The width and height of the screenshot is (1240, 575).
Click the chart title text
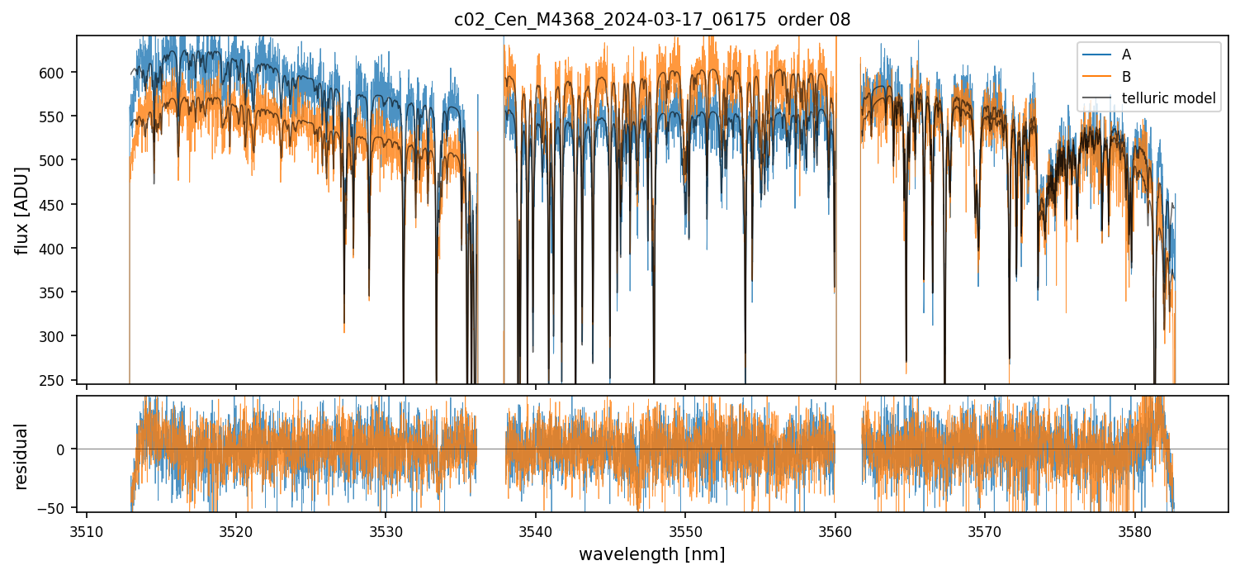point(651,20)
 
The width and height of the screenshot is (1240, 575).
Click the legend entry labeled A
point(1126,55)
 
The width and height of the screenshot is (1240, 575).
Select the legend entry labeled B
point(1126,77)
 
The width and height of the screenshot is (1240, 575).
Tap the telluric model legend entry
point(1168,98)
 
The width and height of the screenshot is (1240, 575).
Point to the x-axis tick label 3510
point(86,530)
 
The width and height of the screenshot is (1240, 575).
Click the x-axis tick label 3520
point(236,530)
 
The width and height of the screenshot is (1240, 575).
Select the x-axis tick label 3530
point(386,530)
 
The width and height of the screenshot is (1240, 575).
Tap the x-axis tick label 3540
point(536,530)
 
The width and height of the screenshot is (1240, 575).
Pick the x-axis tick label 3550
point(685,530)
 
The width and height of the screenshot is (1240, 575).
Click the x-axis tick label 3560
point(835,530)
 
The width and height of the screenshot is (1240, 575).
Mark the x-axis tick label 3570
point(985,530)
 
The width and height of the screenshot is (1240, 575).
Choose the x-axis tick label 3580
point(1135,530)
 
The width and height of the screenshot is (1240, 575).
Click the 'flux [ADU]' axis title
point(22,210)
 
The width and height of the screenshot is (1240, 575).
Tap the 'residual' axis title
point(22,456)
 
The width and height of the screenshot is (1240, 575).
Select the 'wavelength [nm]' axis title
point(651,554)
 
